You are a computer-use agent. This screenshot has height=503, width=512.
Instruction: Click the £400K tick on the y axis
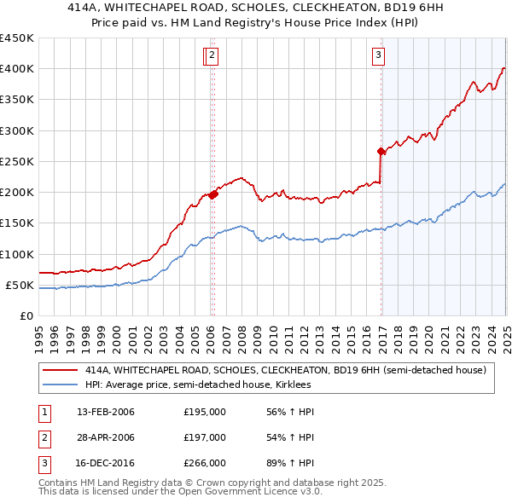(x=17, y=69)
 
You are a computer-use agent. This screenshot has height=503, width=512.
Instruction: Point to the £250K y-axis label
(x=17, y=161)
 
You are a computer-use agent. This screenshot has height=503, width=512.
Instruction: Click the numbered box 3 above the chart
(x=378, y=57)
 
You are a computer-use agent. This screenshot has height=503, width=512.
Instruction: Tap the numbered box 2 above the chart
(x=212, y=57)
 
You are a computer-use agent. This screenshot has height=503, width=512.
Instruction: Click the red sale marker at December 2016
(x=381, y=152)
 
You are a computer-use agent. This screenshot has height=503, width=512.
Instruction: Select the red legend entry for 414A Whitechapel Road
(x=285, y=370)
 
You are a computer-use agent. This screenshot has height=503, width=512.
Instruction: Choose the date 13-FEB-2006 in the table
(x=106, y=412)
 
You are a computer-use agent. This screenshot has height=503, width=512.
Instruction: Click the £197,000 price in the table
(x=205, y=437)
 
